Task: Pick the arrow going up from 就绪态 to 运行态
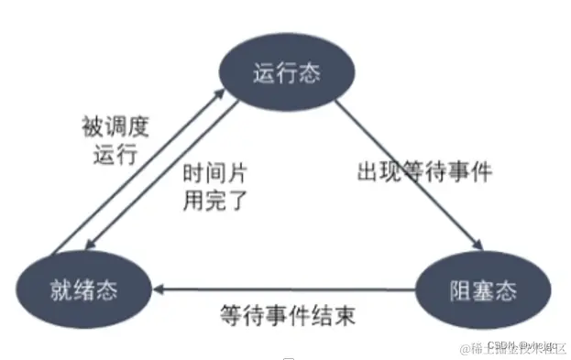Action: (x=137, y=165)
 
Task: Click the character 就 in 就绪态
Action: (x=57, y=291)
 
